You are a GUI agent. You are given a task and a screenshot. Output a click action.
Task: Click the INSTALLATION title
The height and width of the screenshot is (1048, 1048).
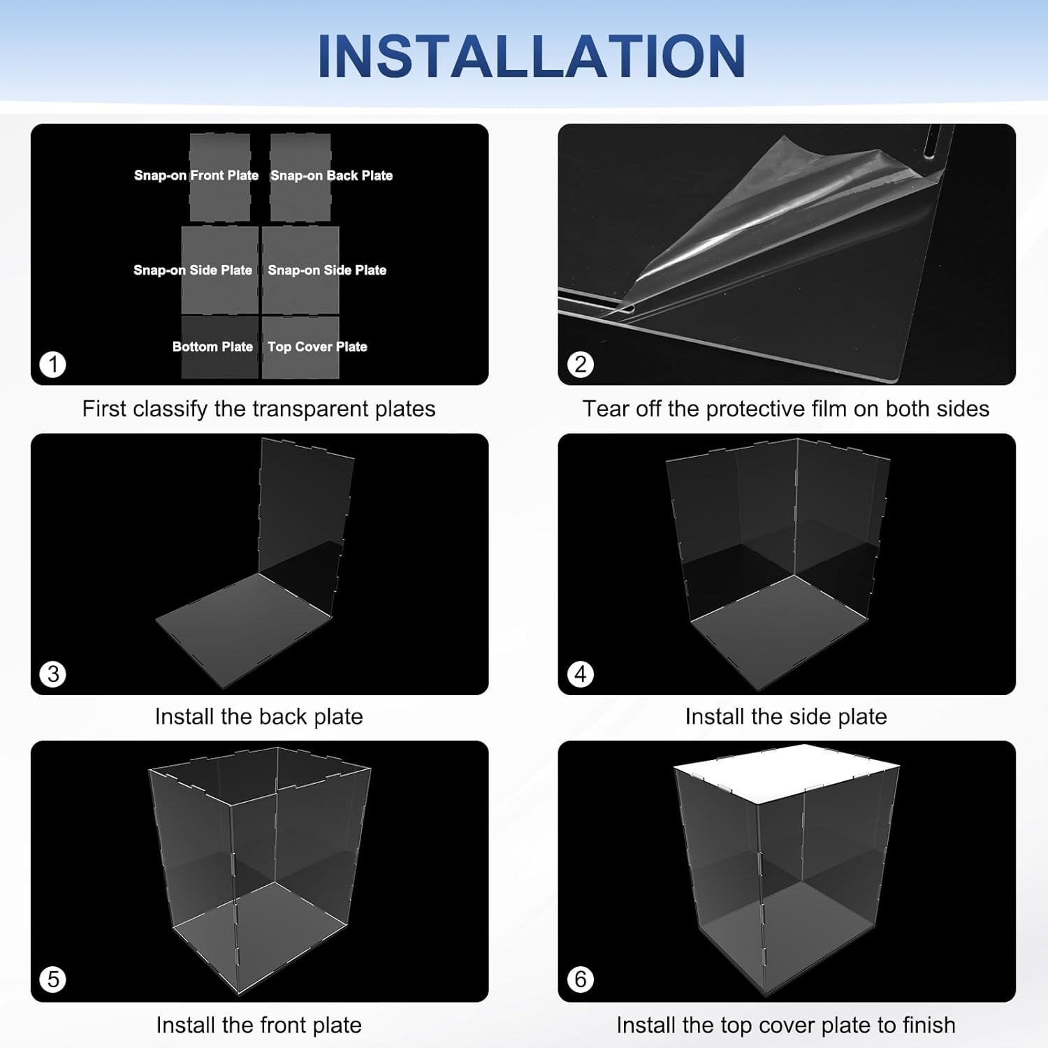coord(531,56)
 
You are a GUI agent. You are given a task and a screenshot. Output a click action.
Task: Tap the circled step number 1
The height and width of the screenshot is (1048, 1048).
coord(53,364)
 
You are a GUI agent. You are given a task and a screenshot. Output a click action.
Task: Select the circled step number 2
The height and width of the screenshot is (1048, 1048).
coord(580,364)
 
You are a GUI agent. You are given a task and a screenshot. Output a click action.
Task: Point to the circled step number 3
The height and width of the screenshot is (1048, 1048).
coord(53,674)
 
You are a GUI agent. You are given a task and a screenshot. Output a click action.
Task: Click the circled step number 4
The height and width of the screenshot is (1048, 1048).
coord(580,674)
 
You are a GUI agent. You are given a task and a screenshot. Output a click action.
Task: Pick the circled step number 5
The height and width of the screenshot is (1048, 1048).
coord(53,979)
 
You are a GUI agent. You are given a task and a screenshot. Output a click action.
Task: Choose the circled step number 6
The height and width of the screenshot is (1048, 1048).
coord(580,979)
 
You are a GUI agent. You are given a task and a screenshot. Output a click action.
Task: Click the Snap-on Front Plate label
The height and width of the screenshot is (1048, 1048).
coord(196,175)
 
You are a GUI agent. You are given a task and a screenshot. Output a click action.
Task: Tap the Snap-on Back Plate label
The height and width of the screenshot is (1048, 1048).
coord(331,175)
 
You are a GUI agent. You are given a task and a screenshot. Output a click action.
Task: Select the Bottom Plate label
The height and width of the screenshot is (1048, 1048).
coord(212,347)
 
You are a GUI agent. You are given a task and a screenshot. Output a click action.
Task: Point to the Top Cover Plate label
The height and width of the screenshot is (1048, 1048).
coord(317,347)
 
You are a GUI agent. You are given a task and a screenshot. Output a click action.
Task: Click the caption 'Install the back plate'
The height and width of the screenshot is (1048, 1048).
coord(259,717)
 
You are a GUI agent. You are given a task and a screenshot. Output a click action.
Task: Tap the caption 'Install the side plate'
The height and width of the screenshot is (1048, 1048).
coord(786,717)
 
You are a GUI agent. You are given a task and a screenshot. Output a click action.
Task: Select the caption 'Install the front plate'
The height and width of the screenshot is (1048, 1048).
coord(259,1025)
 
